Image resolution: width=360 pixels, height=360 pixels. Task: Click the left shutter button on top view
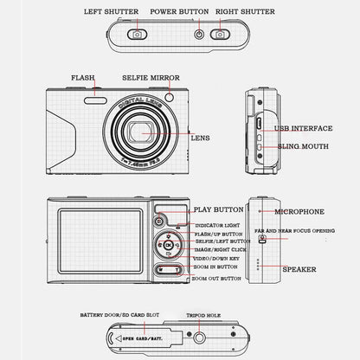click(137, 35)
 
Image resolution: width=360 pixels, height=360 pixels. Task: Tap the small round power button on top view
click(201, 35)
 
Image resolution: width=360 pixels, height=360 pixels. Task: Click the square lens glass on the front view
click(138, 132)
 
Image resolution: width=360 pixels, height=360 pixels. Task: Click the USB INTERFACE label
click(302, 129)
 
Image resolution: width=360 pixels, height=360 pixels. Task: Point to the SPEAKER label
click(299, 269)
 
